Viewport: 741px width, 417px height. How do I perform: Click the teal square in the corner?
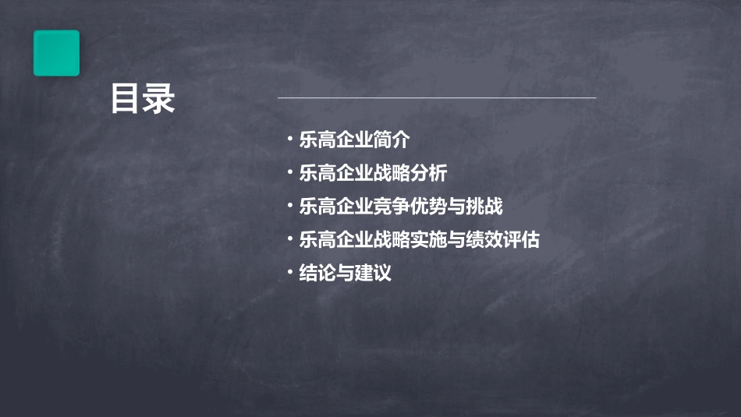click(x=56, y=53)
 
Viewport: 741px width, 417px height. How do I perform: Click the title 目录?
click(x=142, y=99)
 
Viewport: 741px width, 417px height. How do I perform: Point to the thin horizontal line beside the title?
click(x=437, y=98)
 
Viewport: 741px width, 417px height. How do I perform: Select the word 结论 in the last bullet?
click(x=317, y=274)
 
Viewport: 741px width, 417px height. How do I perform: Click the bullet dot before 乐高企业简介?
click(x=289, y=140)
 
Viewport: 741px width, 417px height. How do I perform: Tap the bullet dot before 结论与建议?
click(x=289, y=273)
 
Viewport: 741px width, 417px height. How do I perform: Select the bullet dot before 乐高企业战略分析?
click(x=289, y=173)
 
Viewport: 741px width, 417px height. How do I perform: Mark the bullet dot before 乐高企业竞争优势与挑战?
click(x=289, y=207)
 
